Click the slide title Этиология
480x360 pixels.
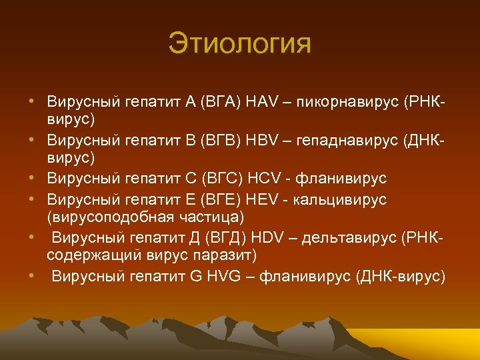[x=239, y=45]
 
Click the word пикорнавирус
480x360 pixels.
[x=341, y=102]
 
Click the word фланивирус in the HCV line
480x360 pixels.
[x=343, y=179]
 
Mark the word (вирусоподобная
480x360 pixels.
[x=112, y=218]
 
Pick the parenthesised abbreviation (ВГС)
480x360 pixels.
[x=223, y=179]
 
